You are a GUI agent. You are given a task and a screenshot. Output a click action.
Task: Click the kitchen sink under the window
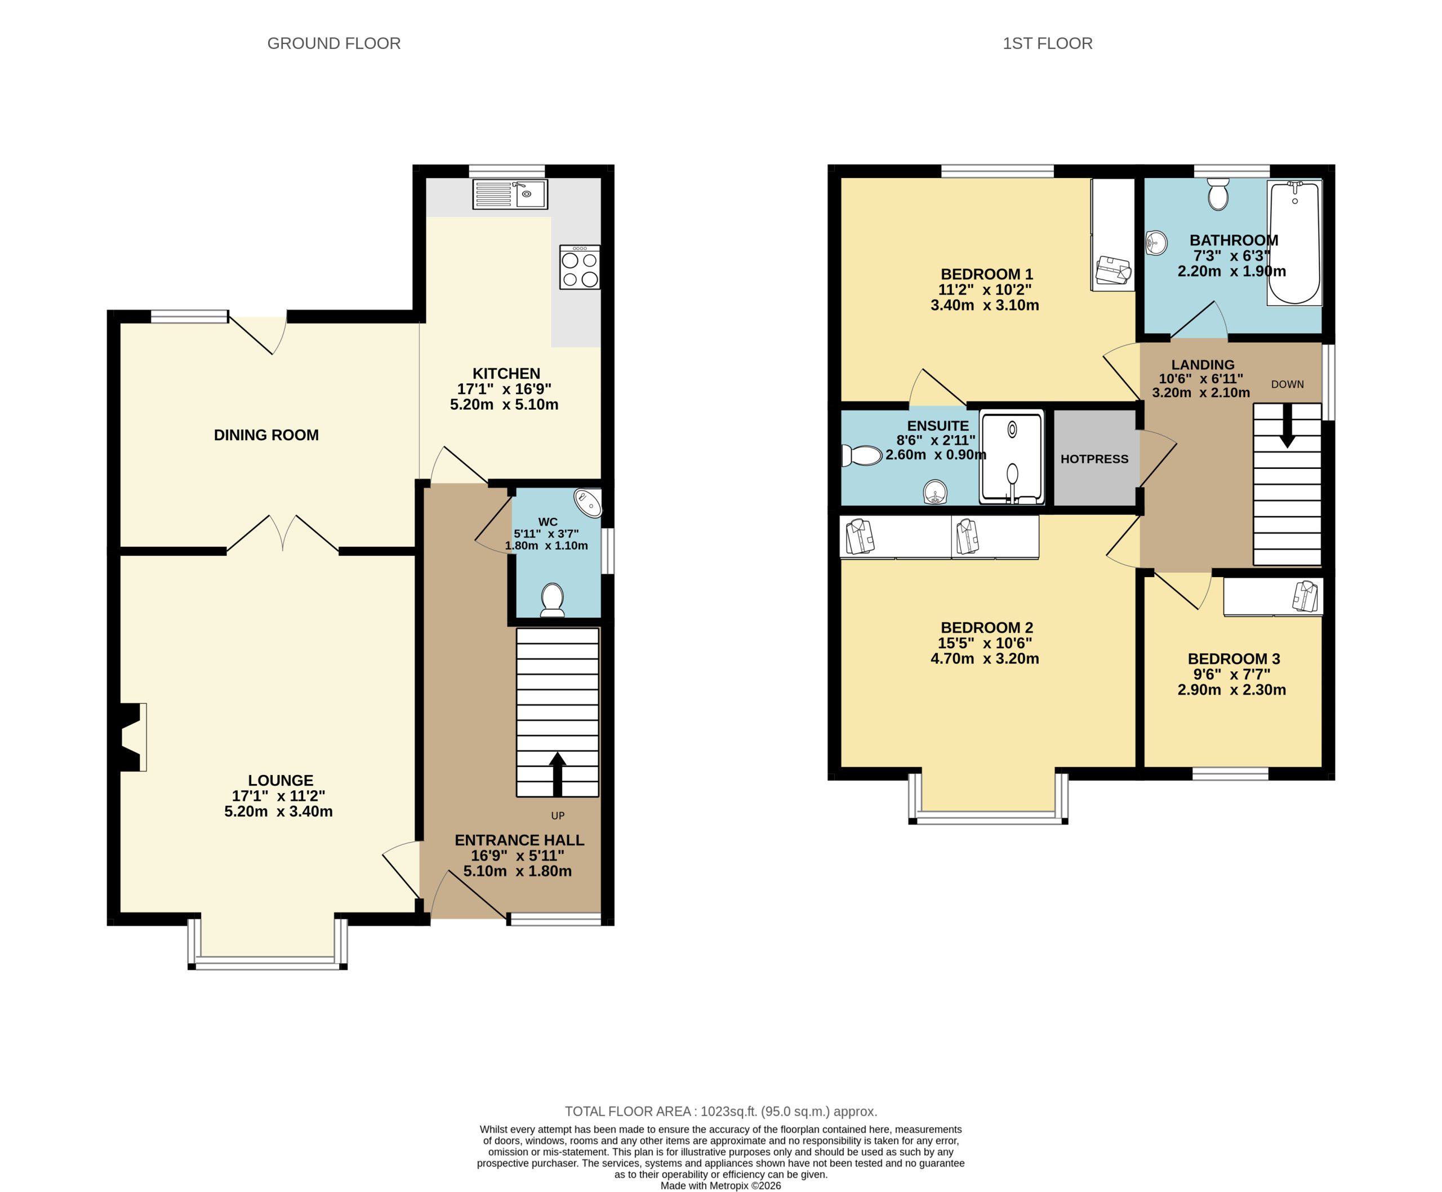coord(509,194)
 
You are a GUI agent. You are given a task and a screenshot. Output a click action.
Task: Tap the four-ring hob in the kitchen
coord(579,268)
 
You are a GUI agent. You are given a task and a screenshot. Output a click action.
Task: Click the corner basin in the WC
coord(588,503)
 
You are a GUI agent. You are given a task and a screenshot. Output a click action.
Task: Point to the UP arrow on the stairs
coord(557,773)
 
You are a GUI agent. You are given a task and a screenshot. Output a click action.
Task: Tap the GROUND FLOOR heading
coord(333,43)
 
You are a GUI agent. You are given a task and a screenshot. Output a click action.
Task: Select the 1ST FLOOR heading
coord(1047,43)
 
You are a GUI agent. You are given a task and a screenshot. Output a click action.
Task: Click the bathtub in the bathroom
coord(1294,242)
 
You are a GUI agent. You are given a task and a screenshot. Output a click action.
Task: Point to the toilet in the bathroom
coord(1218,194)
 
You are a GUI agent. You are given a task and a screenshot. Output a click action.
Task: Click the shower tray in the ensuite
coord(1012,457)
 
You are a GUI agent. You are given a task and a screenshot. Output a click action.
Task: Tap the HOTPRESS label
coord(1094,459)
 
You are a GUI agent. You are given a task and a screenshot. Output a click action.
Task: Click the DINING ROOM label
coord(266,435)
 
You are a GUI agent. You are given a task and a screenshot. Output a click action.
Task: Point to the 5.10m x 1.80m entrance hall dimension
coord(518,871)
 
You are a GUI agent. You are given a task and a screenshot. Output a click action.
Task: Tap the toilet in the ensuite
coord(862,455)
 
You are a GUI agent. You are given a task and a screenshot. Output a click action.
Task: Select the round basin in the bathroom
coord(1156,242)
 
